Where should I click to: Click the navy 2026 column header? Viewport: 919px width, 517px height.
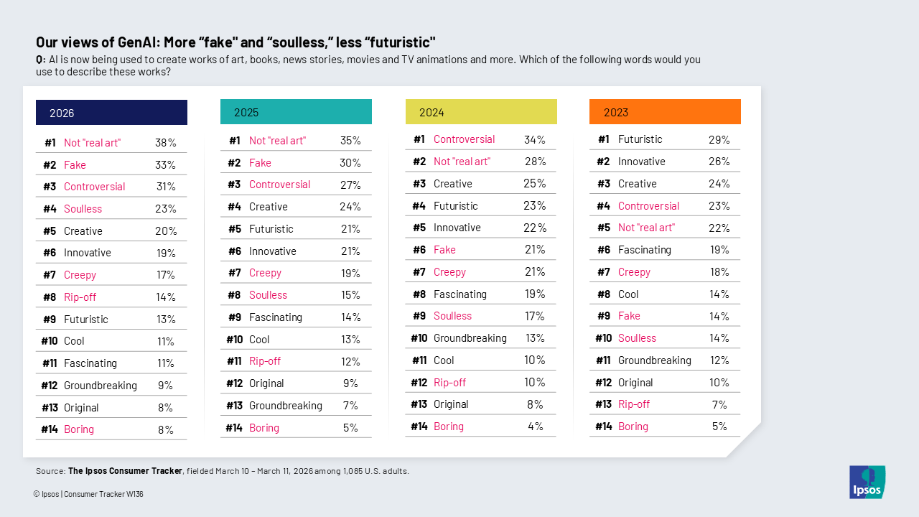click(x=111, y=113)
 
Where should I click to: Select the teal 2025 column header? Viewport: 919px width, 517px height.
click(x=296, y=112)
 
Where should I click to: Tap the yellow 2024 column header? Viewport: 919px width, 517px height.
click(x=481, y=112)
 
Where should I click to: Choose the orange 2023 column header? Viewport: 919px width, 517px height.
click(x=665, y=112)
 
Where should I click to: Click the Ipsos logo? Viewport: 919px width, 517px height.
click(x=867, y=482)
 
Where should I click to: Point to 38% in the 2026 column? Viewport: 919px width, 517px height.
click(x=166, y=143)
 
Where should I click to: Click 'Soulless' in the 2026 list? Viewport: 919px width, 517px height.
click(x=83, y=209)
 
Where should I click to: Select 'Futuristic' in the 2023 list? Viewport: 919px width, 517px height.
click(x=640, y=139)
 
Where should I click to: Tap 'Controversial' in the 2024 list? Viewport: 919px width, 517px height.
click(x=464, y=139)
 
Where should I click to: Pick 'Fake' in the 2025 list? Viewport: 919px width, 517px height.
click(x=260, y=163)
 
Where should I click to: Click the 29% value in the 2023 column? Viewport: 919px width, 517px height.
click(x=719, y=139)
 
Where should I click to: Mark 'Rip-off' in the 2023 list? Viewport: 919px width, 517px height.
click(x=633, y=404)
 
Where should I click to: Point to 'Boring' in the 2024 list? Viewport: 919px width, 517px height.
click(x=448, y=427)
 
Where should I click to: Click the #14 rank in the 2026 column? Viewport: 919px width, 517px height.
click(x=49, y=429)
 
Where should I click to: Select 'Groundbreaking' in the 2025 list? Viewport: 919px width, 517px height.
click(x=285, y=406)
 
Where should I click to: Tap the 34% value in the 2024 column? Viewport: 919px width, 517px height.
click(x=535, y=139)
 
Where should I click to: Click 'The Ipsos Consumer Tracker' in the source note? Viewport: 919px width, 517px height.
click(x=125, y=471)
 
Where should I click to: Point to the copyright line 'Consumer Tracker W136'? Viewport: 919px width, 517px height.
click(x=103, y=494)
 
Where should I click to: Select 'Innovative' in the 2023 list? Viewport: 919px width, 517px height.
click(x=641, y=162)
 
